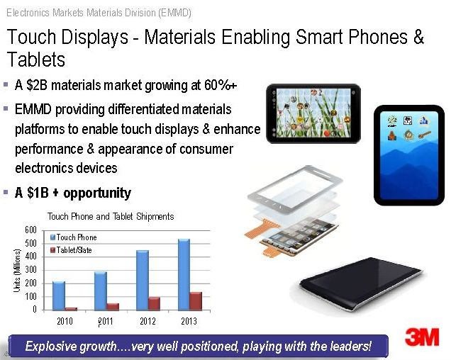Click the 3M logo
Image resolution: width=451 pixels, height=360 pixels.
[422, 337]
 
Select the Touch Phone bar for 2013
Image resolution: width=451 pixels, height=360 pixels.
[184, 274]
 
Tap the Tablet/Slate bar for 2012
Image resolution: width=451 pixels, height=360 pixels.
[154, 303]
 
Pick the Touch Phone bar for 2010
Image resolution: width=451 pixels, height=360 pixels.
[59, 296]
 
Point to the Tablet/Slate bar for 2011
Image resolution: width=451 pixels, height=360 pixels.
[113, 307]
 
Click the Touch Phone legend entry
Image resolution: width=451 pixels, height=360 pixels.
[73, 237]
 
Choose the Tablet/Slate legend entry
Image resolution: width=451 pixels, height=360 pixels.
[71, 250]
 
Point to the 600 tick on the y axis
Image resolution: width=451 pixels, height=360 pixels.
[30, 230]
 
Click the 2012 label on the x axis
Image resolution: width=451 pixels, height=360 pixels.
[147, 321]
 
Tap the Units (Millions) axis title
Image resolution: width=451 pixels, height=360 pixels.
[17, 271]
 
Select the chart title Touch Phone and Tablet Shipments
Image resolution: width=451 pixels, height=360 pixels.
[111, 216]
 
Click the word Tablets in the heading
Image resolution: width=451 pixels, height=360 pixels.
[36, 60]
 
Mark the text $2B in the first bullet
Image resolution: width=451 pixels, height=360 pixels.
[37, 85]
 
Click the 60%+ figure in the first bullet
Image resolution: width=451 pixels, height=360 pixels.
[221, 85]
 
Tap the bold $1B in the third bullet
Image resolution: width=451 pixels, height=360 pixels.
[38, 193]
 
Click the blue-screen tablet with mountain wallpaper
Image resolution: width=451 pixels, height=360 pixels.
[409, 155]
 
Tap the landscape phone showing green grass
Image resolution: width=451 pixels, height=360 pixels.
[313, 113]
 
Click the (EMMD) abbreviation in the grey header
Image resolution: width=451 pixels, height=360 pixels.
[174, 13]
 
